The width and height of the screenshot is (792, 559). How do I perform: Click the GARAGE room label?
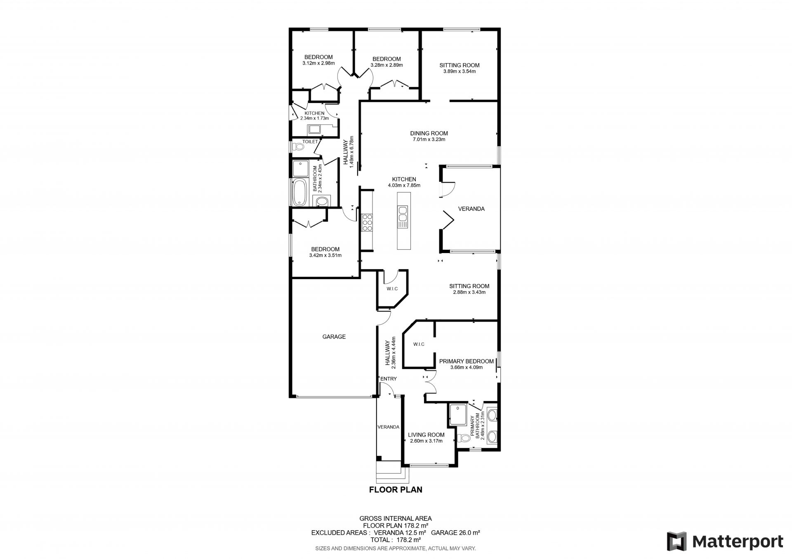click(334, 337)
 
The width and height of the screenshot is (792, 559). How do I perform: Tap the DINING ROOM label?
click(429, 133)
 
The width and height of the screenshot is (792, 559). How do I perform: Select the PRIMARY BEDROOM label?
click(466, 362)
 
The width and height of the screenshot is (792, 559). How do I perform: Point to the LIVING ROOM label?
click(426, 435)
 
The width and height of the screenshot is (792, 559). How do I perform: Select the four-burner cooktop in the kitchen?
click(367, 223)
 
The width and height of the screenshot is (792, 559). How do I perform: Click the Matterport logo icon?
click(677, 541)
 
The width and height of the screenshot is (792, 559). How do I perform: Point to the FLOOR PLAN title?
click(396, 490)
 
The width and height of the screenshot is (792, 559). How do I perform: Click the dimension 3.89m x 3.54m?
click(459, 71)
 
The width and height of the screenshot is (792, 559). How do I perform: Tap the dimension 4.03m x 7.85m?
click(404, 186)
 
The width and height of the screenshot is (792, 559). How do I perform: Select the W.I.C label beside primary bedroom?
click(419, 344)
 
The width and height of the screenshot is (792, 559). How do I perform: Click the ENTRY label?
click(389, 379)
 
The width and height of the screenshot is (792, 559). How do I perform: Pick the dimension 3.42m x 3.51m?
click(325, 255)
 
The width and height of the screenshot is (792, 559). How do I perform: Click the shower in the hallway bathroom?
click(300, 169)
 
